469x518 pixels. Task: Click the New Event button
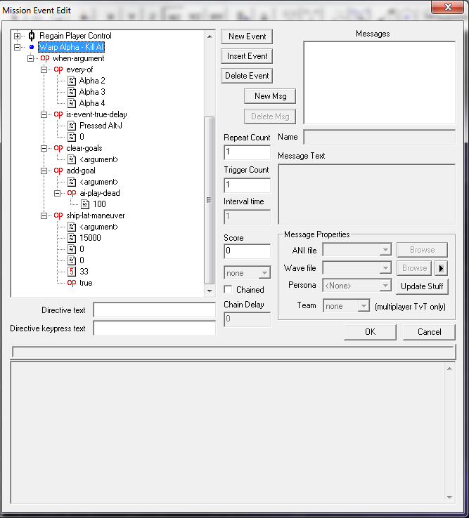pyautogui.click(x=247, y=36)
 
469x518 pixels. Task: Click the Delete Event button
pyautogui.click(x=247, y=76)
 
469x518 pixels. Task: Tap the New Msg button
pyautogui.click(x=270, y=96)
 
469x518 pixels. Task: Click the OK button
pyautogui.click(x=370, y=332)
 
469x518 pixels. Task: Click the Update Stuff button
pyautogui.click(x=422, y=286)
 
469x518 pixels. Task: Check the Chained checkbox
pyautogui.click(x=228, y=290)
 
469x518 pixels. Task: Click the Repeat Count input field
pyautogui.click(x=247, y=152)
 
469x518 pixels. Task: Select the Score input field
pyautogui.click(x=247, y=251)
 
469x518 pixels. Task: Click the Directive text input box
pyautogui.click(x=154, y=310)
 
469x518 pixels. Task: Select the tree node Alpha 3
pyautogui.click(x=92, y=92)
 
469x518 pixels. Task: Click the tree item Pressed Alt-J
pyautogui.click(x=101, y=126)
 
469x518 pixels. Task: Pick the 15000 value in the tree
pyautogui.click(x=90, y=238)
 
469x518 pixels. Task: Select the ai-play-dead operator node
pyautogui.click(x=100, y=193)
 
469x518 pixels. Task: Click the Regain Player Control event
pyautogui.click(x=75, y=36)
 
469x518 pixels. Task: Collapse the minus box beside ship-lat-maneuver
pyautogui.click(x=44, y=215)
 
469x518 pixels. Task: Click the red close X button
pyautogui.click(x=447, y=7)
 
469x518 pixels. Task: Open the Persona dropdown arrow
pyautogui.click(x=385, y=286)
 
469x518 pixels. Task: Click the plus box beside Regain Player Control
pyautogui.click(x=17, y=36)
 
